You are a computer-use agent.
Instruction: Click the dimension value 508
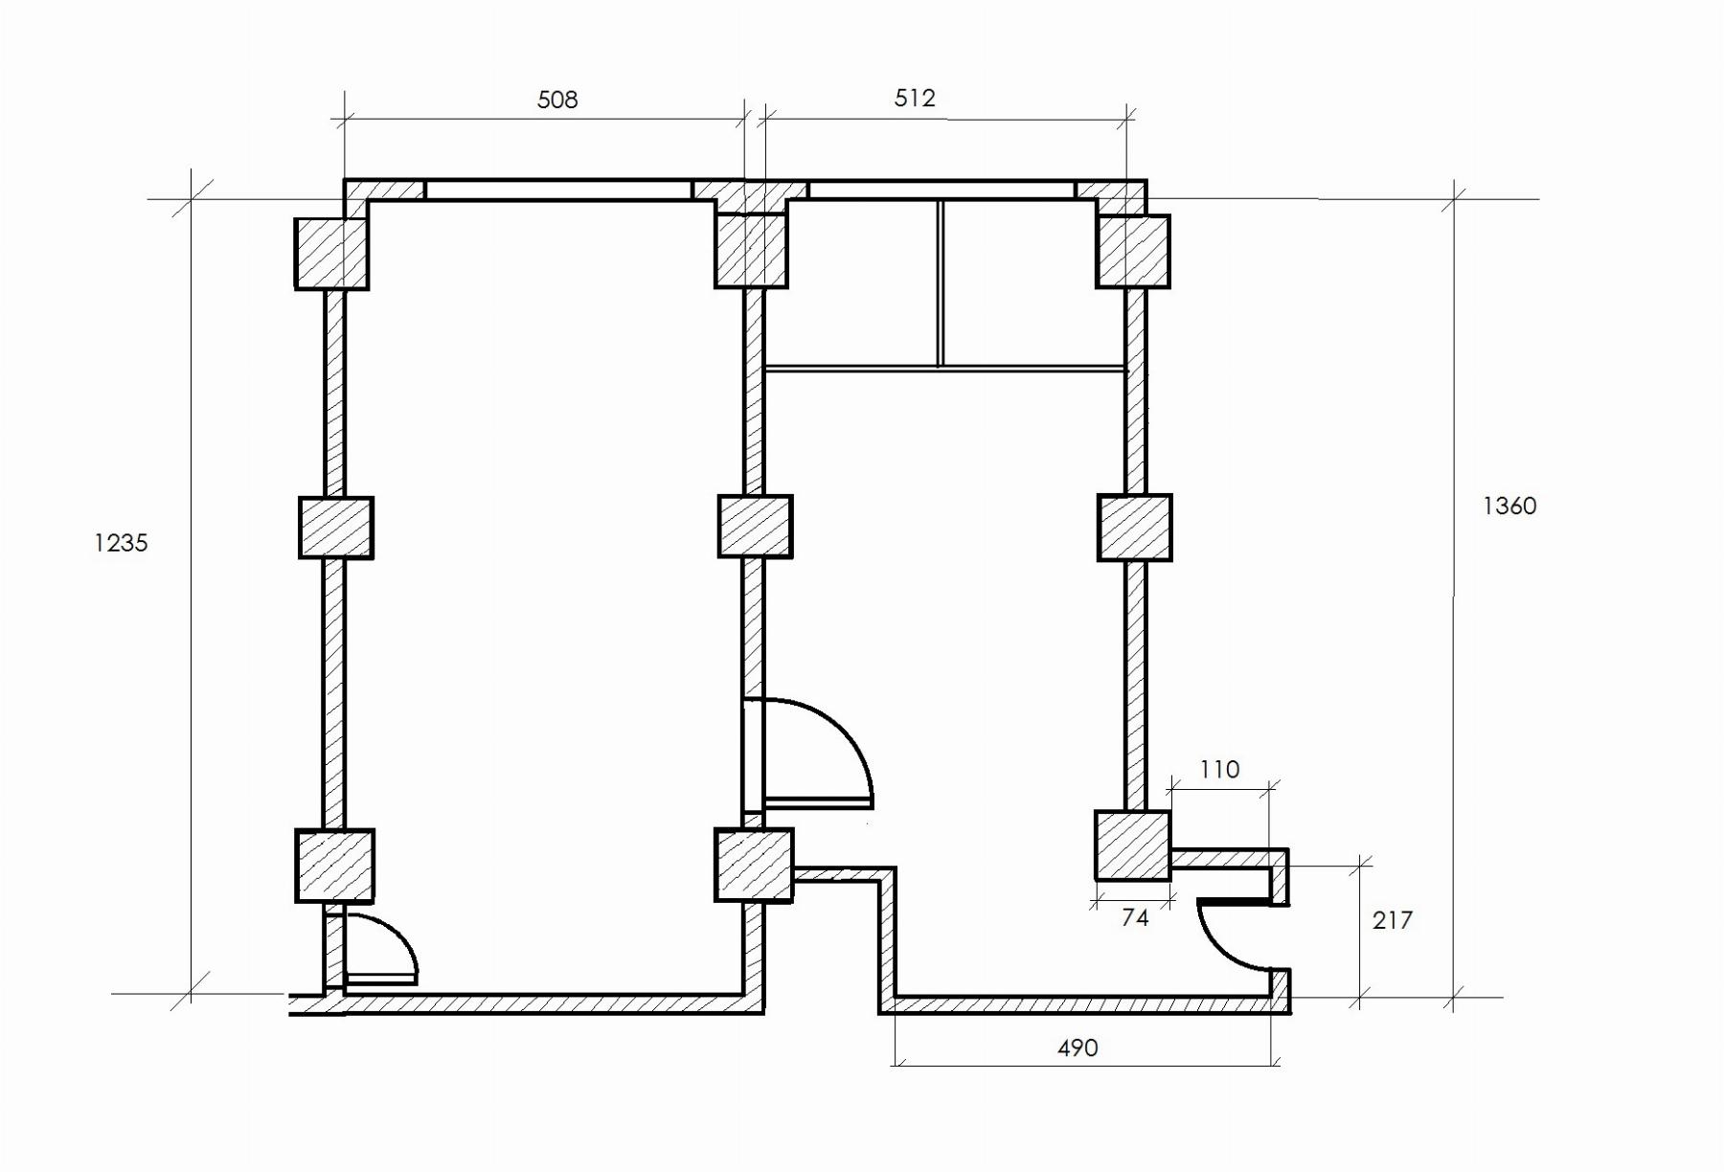coord(557,100)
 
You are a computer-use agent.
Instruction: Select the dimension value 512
coord(915,98)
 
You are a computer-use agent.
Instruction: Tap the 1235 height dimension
coord(121,543)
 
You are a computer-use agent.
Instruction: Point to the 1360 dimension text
coord(1509,506)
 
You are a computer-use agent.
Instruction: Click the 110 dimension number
coord(1219,769)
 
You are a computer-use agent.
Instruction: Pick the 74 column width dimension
coord(1135,917)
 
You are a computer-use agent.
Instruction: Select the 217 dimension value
coord(1392,920)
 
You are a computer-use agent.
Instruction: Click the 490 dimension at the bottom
coord(1077,1048)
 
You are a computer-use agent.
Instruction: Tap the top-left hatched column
coord(331,254)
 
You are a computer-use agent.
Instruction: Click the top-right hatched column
coord(1133,251)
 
